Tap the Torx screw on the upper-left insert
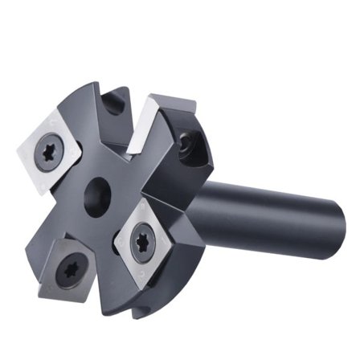coord(48,150)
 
